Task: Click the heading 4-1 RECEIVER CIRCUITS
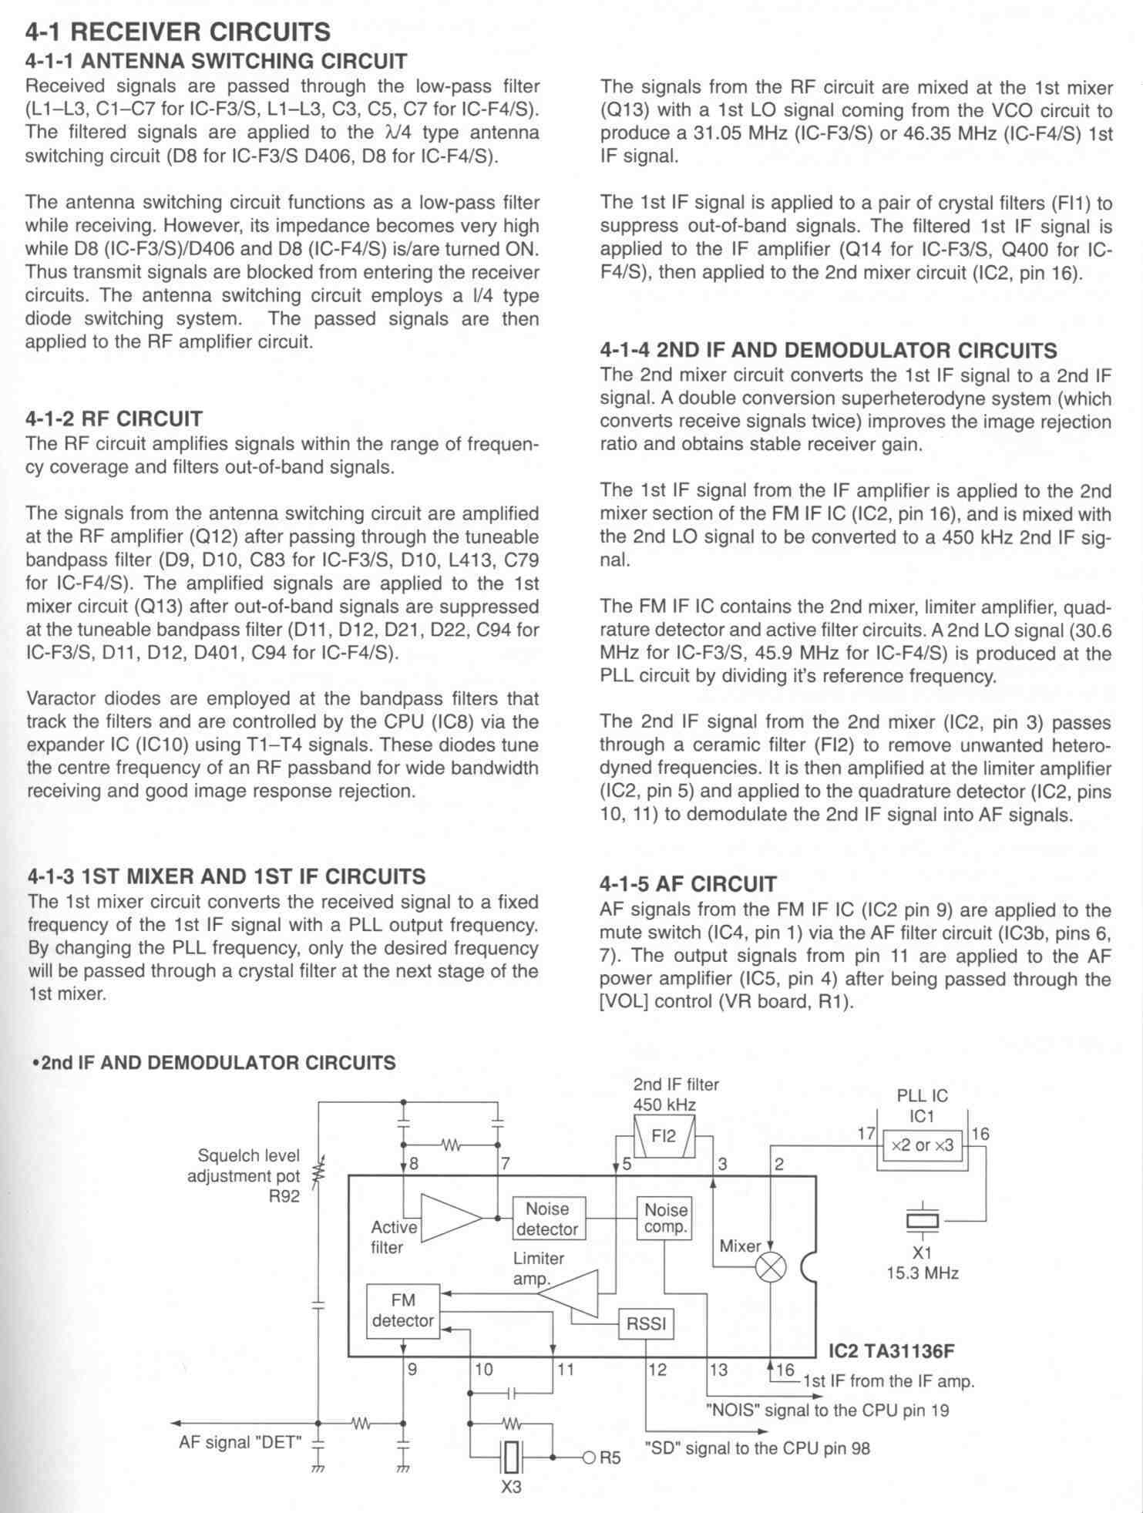[178, 32]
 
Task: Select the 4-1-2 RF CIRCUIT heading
[114, 419]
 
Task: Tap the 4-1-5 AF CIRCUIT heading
[688, 884]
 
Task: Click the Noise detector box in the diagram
[547, 1219]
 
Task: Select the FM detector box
[402, 1310]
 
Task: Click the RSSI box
[646, 1324]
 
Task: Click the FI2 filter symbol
[664, 1136]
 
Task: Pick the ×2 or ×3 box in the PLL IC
[922, 1145]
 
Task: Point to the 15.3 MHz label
[922, 1273]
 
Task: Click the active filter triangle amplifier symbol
[452, 1218]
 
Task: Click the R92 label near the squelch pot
[284, 1197]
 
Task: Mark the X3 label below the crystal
[511, 1487]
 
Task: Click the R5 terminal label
[610, 1458]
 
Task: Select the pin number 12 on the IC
[657, 1369]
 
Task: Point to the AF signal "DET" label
[240, 1441]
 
